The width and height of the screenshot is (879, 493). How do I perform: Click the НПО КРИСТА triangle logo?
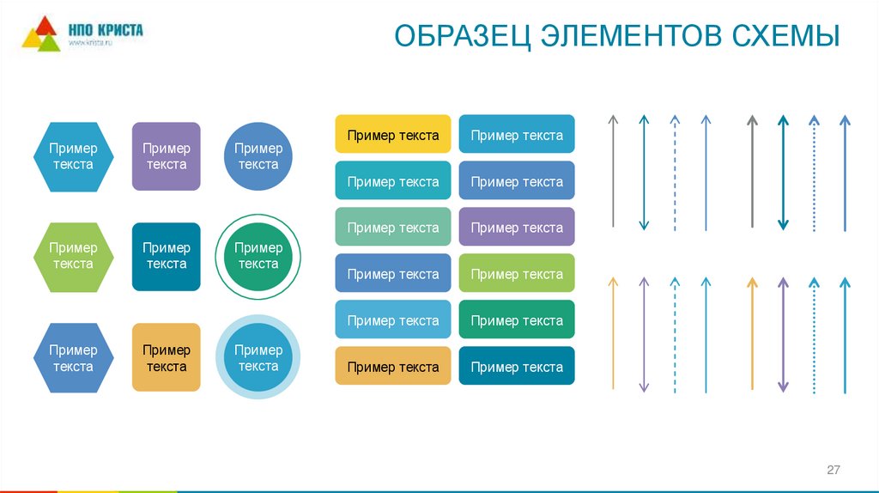click(41, 34)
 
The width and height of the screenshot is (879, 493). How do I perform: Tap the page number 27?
click(833, 470)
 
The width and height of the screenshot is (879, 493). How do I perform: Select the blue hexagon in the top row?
click(73, 156)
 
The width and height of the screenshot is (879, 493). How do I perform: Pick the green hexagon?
click(73, 257)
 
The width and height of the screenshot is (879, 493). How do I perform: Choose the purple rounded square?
click(166, 156)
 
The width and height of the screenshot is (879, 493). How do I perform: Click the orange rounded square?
click(166, 357)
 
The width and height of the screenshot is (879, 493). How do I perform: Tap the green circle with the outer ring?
click(258, 257)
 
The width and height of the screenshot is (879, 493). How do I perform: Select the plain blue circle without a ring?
click(258, 156)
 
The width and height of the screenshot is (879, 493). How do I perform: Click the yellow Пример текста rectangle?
click(392, 135)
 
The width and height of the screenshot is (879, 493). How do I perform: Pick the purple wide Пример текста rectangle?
click(517, 228)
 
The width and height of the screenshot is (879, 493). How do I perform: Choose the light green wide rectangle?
click(517, 274)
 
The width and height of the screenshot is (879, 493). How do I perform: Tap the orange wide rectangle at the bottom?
click(392, 367)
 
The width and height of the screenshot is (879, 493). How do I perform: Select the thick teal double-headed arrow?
click(783, 172)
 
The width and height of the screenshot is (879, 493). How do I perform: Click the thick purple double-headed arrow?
click(783, 335)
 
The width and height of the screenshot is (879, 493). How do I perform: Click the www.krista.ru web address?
click(91, 44)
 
